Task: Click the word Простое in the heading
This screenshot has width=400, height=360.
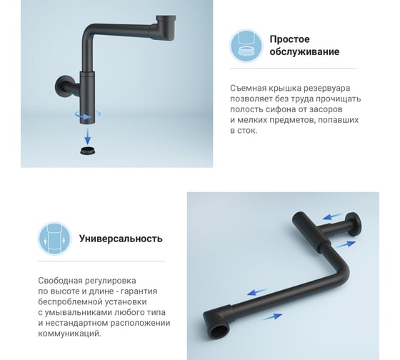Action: (289, 39)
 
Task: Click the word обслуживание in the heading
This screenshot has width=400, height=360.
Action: (304, 52)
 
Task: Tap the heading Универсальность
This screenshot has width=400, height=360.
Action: (121, 239)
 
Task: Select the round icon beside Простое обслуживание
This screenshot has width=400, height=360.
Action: (246, 46)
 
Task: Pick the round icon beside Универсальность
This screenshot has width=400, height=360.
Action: (54, 239)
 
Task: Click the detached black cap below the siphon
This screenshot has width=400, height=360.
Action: (89, 151)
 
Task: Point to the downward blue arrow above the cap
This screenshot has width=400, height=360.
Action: (87, 136)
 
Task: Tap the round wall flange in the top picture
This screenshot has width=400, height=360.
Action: (61, 86)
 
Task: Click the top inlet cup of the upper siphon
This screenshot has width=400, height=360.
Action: (166, 28)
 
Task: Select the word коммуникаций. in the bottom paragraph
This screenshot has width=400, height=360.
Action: (70, 334)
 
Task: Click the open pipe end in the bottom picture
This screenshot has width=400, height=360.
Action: (219, 331)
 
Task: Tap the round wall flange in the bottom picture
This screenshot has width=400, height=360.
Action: (354, 225)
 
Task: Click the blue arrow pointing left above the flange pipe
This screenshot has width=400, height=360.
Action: (331, 216)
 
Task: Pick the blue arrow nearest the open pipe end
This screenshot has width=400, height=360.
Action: (272, 316)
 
